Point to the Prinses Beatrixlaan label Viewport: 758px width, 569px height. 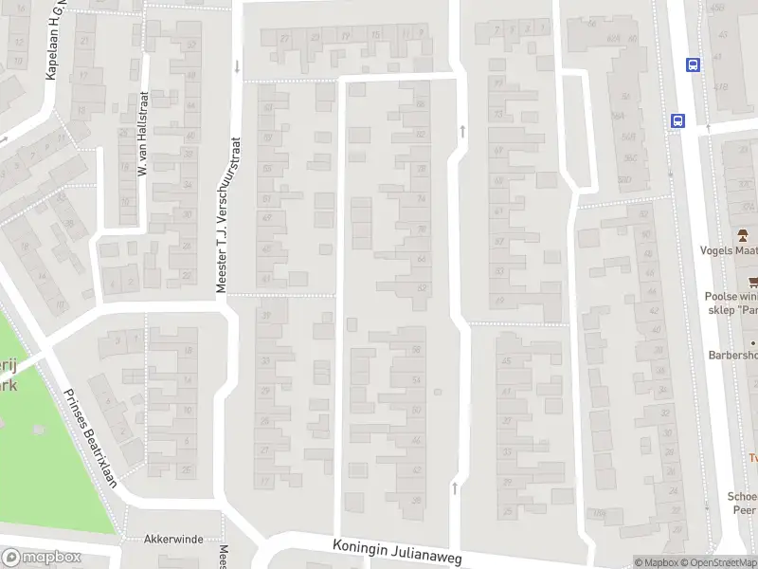91,437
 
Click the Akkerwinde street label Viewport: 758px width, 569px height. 173,539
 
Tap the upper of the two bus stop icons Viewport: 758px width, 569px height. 694,64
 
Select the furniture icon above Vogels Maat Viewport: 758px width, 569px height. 745,234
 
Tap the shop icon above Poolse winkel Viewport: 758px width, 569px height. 752,281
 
